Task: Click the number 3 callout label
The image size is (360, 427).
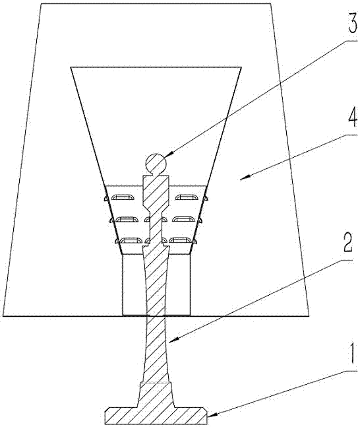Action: point(352,24)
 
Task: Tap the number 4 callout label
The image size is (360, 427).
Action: point(352,117)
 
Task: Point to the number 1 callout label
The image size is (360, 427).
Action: point(353,354)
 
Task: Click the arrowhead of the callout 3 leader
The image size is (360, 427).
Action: point(169,155)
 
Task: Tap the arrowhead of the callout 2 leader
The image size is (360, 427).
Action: point(173,340)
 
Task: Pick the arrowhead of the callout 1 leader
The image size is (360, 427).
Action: point(212,415)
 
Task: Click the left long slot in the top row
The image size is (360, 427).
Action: point(123,198)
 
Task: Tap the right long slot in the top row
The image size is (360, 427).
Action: point(185,197)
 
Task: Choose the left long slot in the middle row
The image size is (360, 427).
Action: point(126,220)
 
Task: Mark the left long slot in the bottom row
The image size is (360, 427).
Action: point(131,240)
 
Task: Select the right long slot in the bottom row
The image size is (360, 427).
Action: point(180,240)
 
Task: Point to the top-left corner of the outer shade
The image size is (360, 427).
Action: point(41,4)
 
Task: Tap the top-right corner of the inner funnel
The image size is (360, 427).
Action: point(241,67)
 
